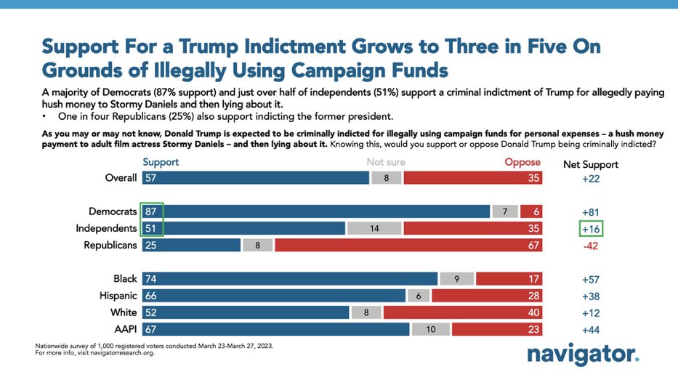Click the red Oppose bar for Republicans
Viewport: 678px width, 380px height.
pos(408,245)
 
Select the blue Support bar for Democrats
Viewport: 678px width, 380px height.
pos(316,211)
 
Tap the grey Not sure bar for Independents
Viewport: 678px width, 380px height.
pos(374,227)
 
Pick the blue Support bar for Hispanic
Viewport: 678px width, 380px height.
pos(273,296)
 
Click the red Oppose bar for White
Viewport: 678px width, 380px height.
pos(462,312)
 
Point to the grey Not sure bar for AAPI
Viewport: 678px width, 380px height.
pos(430,329)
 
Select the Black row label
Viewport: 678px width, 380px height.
pos(125,279)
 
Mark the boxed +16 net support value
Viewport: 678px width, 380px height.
pos(591,228)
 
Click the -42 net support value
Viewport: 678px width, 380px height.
pos(590,246)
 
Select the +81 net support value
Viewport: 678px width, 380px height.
pos(590,211)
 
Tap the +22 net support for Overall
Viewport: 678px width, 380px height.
pos(590,178)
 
